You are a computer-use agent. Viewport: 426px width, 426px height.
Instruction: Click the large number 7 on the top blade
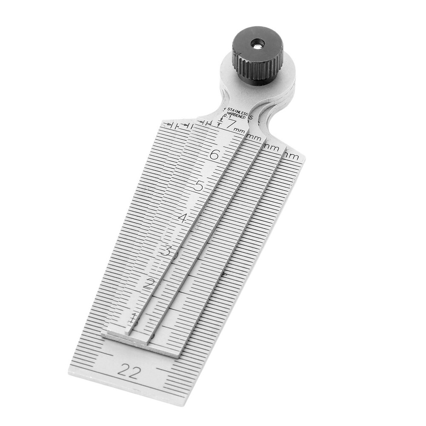pyautogui.click(x=232, y=125)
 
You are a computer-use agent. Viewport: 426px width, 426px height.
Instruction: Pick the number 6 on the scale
pyautogui.click(x=214, y=155)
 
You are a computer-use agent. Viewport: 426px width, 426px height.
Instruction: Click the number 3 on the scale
pyautogui.click(x=166, y=250)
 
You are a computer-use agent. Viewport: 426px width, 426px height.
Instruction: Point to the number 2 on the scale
pyautogui.click(x=149, y=284)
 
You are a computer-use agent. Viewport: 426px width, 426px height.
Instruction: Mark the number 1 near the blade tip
pyautogui.click(x=134, y=317)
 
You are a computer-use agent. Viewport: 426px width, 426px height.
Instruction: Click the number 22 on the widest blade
pyautogui.click(x=129, y=372)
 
